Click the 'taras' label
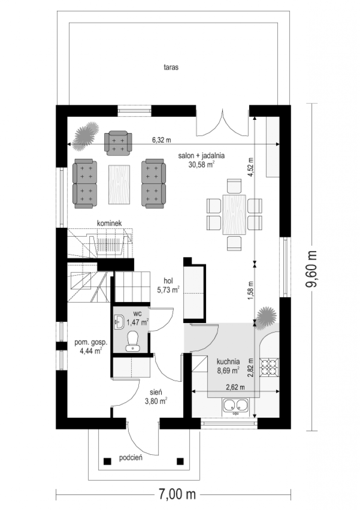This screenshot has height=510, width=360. [171, 68]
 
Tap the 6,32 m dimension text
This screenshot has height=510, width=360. [161, 140]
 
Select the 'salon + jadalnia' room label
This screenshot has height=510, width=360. [201, 156]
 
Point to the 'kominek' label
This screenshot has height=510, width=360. [109, 224]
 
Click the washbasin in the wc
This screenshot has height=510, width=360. [119, 322]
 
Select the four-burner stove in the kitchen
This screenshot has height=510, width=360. [269, 368]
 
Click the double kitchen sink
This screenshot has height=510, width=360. [236, 406]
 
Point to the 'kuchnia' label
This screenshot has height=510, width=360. [228, 361]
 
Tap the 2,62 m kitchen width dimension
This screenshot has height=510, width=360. [235, 387]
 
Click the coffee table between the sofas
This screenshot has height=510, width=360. [119, 184]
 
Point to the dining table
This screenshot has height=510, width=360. [234, 215]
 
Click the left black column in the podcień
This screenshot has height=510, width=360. [107, 461]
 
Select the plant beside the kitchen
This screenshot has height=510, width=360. [266, 318]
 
